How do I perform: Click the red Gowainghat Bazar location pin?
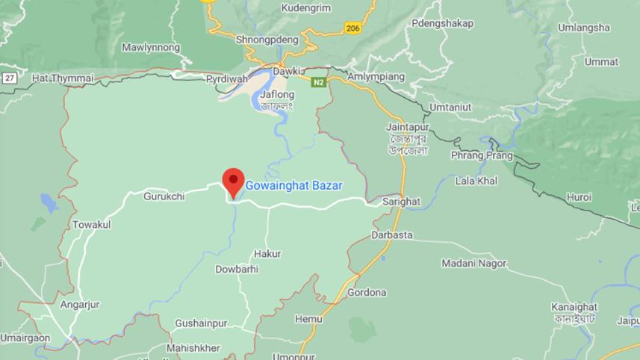click(233, 181)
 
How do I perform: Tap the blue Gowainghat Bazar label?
click(294, 184)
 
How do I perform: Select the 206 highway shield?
click(353, 28)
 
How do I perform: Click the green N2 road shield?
click(318, 81)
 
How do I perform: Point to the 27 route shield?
click(9, 78)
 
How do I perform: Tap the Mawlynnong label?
click(151, 48)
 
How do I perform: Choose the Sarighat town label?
click(401, 202)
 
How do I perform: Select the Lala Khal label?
click(476, 181)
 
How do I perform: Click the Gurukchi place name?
click(164, 196)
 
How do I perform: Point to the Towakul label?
click(91, 224)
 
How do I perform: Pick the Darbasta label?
click(391, 235)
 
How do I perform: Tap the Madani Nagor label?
click(473, 263)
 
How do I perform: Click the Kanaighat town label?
click(574, 307)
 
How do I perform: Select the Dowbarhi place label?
click(237, 269)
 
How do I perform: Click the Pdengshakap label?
click(442, 23)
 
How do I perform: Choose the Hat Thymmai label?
click(63, 78)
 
